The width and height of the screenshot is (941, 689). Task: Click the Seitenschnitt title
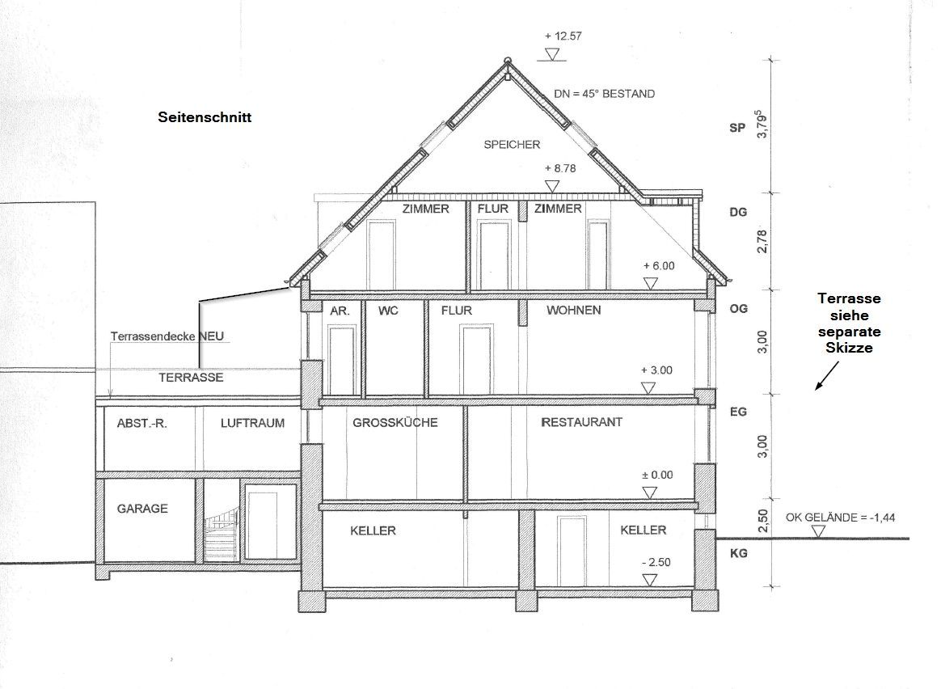[x=205, y=117]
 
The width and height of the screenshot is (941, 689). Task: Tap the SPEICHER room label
[x=512, y=145]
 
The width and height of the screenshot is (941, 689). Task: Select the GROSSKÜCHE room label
[x=395, y=422]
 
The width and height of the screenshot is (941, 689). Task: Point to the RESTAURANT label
[x=581, y=422]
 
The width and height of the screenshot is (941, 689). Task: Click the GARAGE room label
[x=142, y=509]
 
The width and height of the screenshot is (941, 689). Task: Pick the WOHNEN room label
[x=574, y=311]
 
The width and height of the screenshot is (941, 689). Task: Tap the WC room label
[x=388, y=311]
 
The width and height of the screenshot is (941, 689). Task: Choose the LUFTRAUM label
[x=252, y=423]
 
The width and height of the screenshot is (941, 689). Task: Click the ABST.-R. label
[x=142, y=423]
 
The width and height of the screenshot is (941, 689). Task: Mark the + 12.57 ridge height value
[x=563, y=36]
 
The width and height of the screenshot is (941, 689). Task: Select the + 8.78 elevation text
[x=560, y=169]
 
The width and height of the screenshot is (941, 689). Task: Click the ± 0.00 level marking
[x=657, y=475]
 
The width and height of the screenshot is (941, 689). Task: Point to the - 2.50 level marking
[x=656, y=562]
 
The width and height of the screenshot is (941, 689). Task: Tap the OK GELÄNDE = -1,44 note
[x=840, y=518]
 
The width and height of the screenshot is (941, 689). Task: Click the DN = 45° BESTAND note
[x=605, y=94]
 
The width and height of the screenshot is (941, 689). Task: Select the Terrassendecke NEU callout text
[x=167, y=336]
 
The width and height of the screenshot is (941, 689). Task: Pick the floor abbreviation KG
[x=738, y=553]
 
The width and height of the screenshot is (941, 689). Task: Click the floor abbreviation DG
[x=738, y=213]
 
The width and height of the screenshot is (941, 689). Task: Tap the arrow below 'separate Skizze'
[x=826, y=377]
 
